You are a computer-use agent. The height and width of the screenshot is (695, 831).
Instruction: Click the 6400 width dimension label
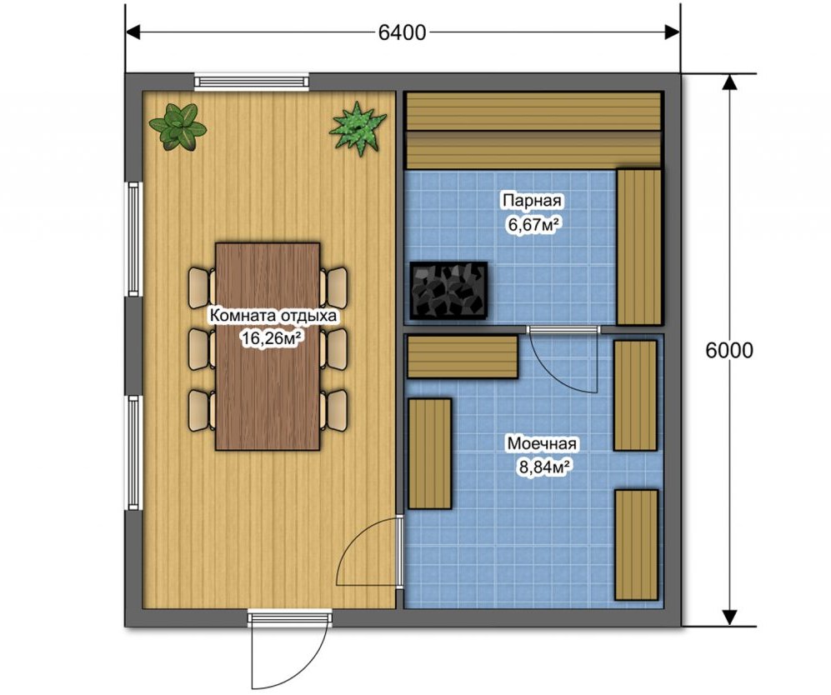point(403,32)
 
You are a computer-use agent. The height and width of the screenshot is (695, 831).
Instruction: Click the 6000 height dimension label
point(729,350)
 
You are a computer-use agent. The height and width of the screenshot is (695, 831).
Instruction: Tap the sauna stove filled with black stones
point(449,290)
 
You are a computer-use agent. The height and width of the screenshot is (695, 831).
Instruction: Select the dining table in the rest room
point(268,347)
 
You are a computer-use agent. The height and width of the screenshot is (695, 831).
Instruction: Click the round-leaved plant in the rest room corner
point(178,127)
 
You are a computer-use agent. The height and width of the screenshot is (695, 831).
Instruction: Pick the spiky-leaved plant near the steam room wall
point(358,128)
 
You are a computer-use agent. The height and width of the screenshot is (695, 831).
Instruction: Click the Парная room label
point(532,201)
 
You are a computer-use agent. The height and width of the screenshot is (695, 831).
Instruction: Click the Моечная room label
point(541,443)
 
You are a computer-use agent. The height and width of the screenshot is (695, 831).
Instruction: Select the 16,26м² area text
point(273,338)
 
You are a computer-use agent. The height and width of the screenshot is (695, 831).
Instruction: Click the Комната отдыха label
point(273,316)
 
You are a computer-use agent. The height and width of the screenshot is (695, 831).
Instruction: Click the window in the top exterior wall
point(251,81)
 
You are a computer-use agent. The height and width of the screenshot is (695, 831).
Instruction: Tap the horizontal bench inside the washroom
point(462,357)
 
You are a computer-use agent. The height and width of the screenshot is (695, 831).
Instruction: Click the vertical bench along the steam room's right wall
point(639,247)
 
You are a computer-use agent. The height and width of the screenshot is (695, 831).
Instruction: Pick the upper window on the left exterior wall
point(133,239)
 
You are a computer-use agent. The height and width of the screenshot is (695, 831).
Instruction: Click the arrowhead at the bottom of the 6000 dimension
point(730,617)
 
